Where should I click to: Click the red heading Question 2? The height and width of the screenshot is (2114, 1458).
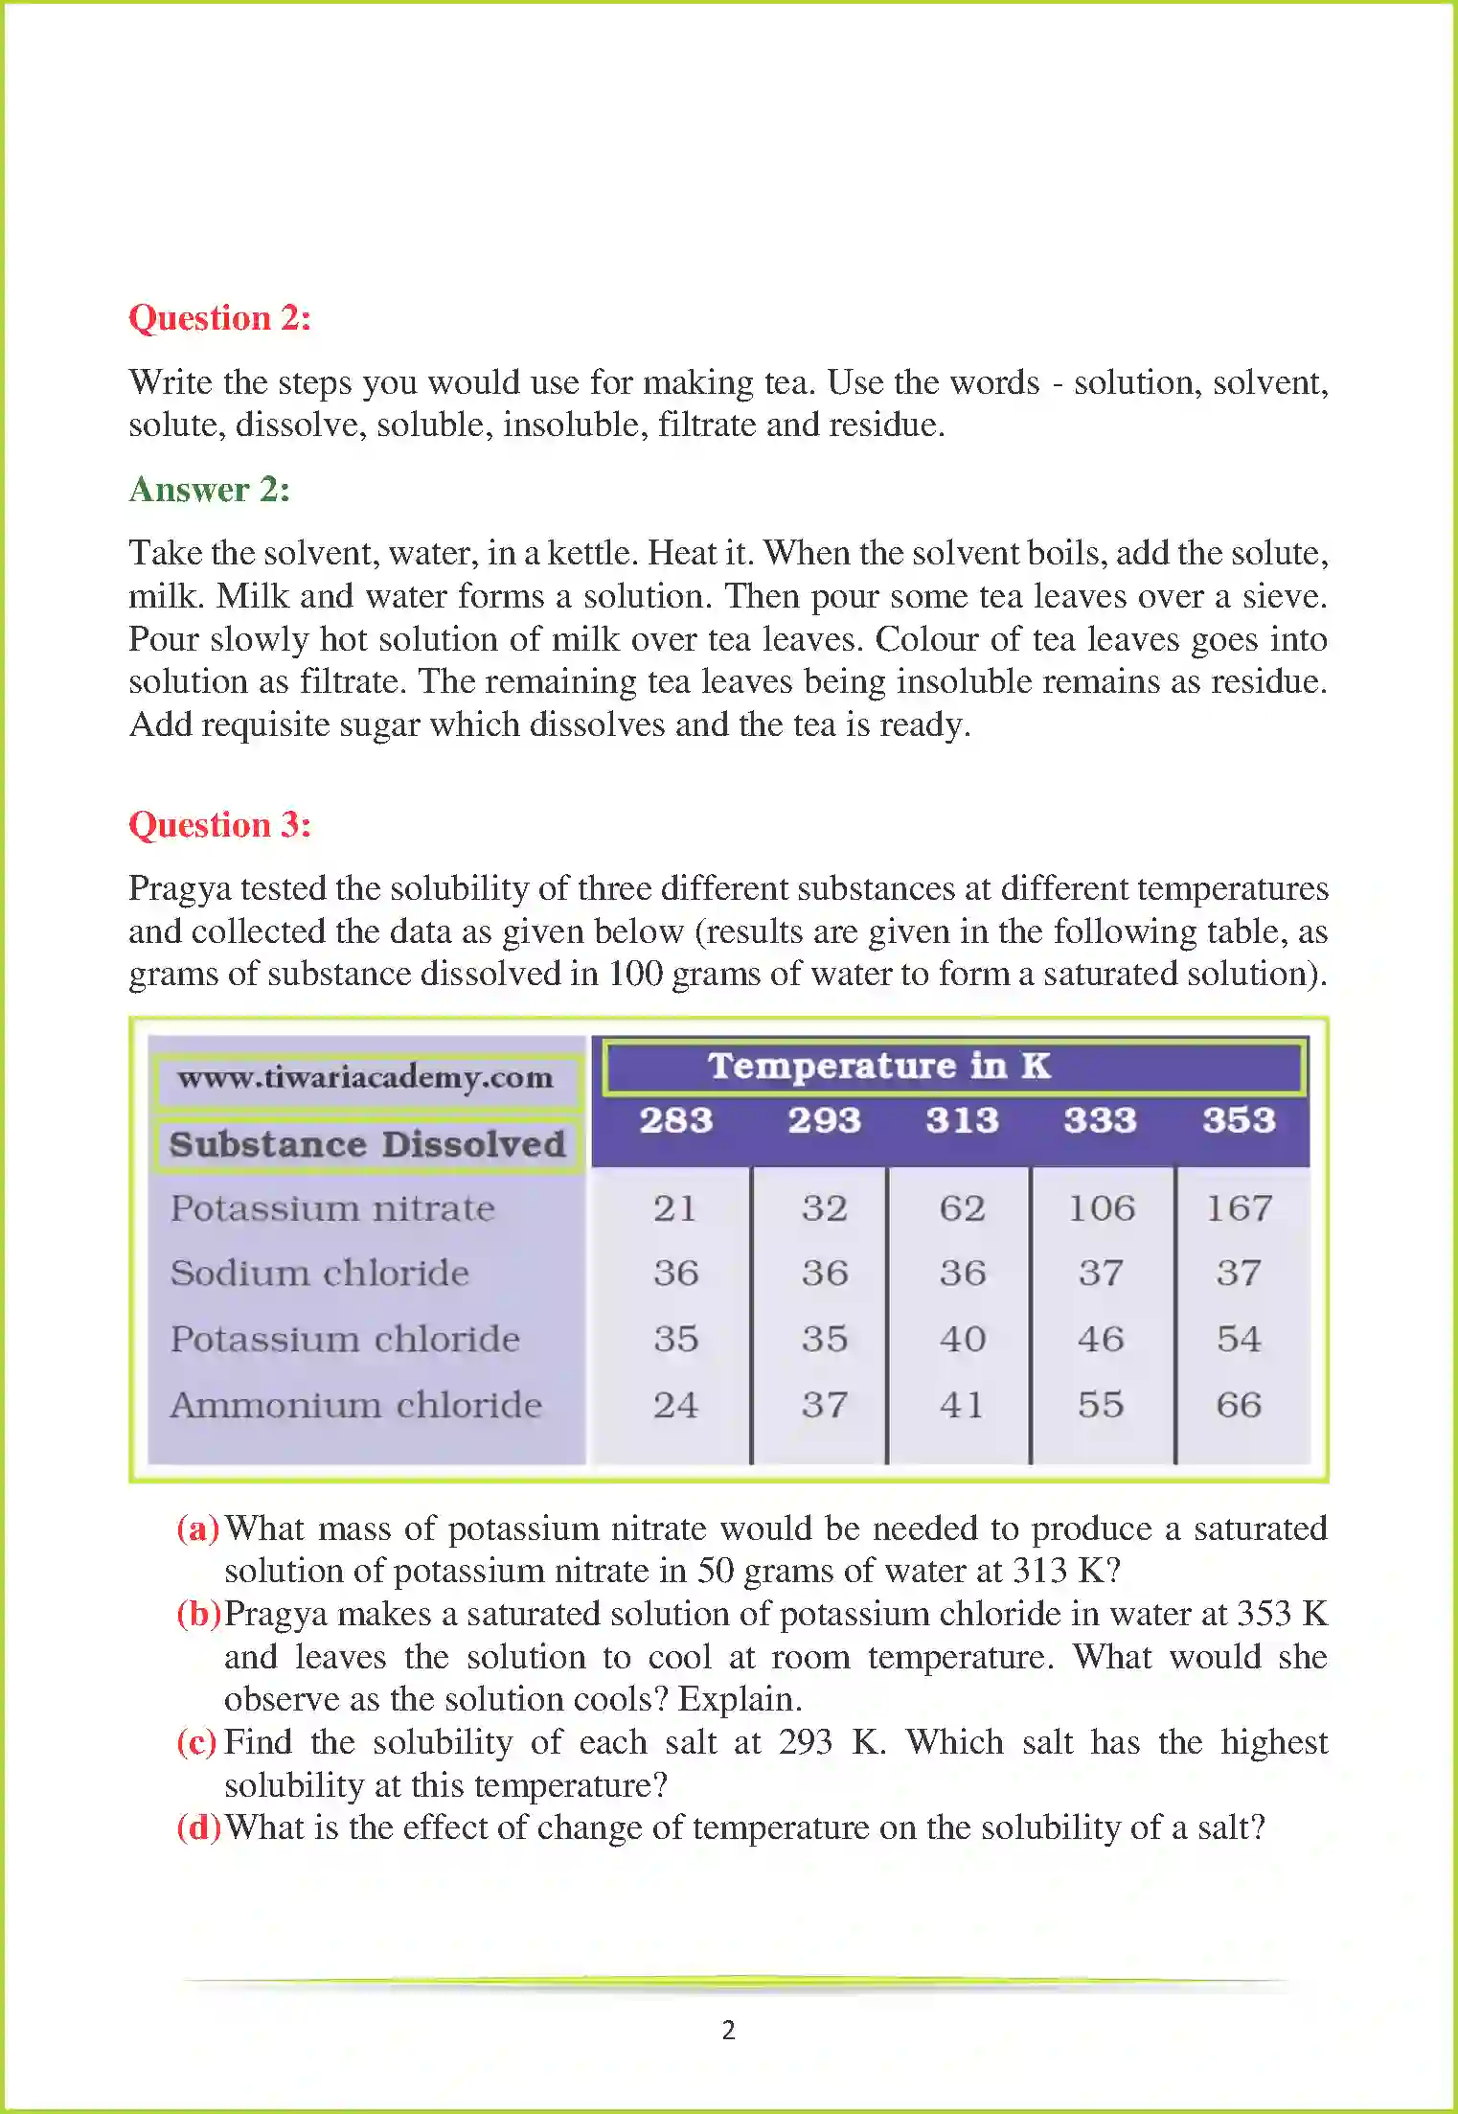coord(219,317)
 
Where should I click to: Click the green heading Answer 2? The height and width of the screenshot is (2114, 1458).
coord(209,489)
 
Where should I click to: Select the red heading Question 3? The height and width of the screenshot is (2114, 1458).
coord(219,824)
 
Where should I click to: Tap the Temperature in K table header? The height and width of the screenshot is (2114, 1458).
coord(878,1066)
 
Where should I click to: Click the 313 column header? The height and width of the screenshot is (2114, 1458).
coord(962,1119)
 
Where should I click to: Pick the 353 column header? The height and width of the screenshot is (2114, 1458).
coord(1239,1119)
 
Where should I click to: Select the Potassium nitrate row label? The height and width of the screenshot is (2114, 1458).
coord(332,1208)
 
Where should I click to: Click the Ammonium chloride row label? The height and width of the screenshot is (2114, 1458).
coord(355,1405)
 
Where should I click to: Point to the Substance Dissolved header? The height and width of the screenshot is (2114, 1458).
coord(367,1144)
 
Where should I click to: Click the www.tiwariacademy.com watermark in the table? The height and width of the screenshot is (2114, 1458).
coord(365,1078)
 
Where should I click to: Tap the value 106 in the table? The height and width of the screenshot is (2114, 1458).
coord(1101,1208)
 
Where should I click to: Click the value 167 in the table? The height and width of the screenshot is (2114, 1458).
coord(1239,1208)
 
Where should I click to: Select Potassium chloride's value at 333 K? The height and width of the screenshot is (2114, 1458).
coord(1100,1339)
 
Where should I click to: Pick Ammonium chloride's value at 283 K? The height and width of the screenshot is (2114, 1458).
coord(675,1405)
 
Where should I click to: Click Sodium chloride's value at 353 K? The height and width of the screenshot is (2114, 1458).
coord(1239,1273)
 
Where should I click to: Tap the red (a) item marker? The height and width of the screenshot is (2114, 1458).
coord(197,1528)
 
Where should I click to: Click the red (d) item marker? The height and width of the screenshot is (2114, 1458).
coord(198,1827)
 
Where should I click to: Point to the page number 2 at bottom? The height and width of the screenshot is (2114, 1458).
coord(729,2030)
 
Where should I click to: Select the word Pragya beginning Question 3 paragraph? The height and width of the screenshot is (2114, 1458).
coord(179,888)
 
